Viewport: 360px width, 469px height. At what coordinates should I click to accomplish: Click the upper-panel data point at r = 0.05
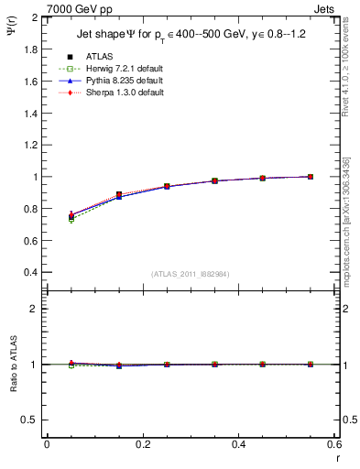point(71,216)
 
